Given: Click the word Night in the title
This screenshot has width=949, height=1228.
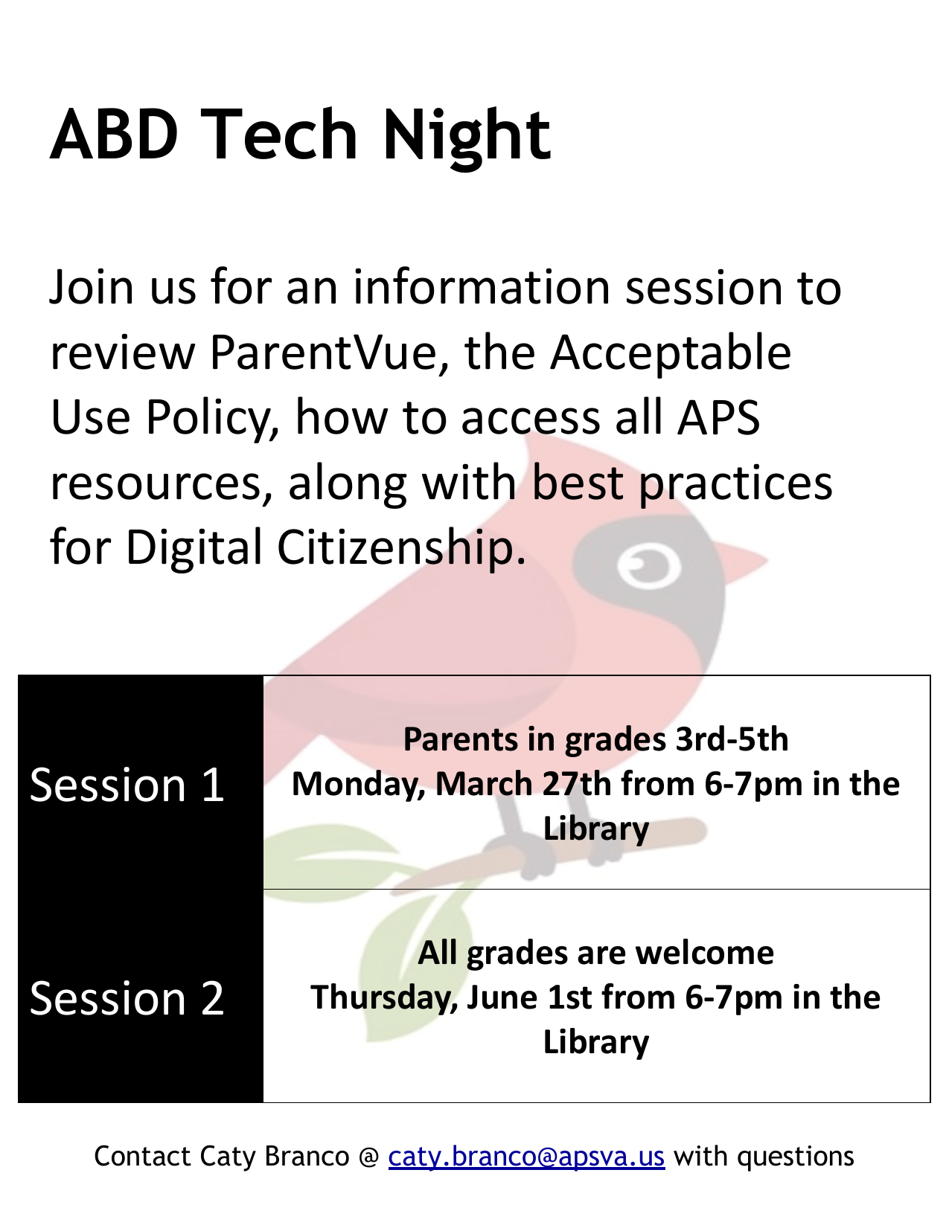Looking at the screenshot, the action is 467,138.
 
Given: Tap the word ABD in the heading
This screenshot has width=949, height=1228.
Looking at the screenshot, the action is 114,135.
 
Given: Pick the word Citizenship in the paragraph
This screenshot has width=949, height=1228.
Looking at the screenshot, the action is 401,547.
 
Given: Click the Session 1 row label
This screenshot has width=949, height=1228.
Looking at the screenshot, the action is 127,785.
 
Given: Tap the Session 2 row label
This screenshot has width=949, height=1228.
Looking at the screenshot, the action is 127,999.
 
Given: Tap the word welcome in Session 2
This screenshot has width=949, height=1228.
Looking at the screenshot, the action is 705,953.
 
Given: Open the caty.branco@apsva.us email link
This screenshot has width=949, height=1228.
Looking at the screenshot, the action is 526,1157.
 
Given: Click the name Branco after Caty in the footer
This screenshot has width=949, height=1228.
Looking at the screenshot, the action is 307,1156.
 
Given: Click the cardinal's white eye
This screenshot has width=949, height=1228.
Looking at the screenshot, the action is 648,564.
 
